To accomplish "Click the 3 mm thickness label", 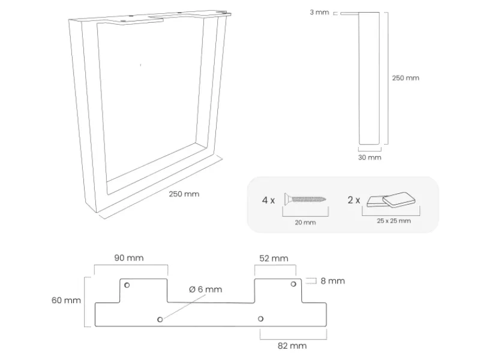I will pos(319,13).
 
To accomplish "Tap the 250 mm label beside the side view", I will pos(406,78).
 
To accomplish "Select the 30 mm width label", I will pos(370,157).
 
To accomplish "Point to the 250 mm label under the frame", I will pos(184,194).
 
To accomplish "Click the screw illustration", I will pos(307,199).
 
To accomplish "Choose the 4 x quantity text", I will pos(268,200).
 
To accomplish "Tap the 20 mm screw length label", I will pos(305,223).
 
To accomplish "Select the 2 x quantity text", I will pos(354,200).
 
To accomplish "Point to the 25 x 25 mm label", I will pos(394,221).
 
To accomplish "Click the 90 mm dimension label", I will pos(129,258).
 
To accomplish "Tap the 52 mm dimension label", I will pos(274,258).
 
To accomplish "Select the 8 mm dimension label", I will pos(333,281).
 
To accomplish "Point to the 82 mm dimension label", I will pos(292,346).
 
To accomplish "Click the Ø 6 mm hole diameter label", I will pos(205,289).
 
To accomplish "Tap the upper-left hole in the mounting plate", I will pos(127,284).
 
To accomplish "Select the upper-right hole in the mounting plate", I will pos(293,284).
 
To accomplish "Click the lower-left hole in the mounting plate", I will pos(160,319).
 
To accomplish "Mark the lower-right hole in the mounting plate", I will pos(260,319).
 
